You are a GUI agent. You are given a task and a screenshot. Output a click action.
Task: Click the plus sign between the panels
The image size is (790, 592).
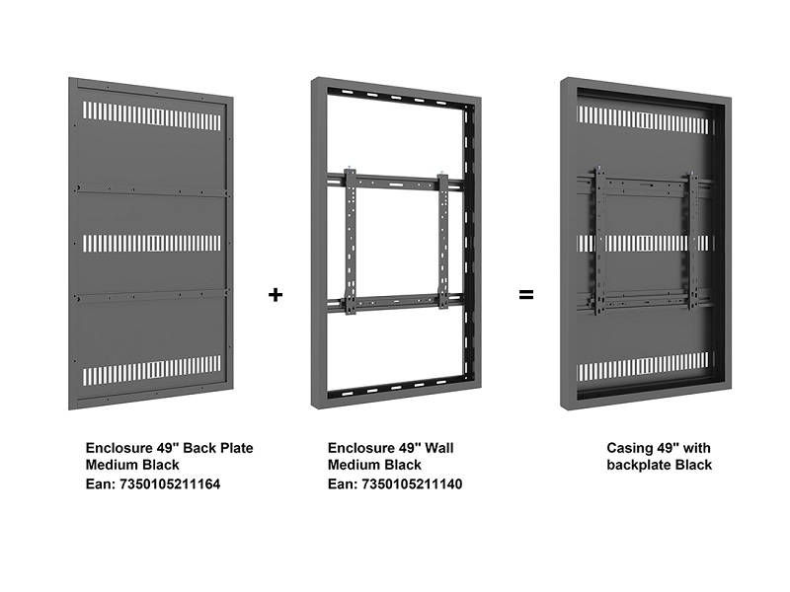coord(276,294)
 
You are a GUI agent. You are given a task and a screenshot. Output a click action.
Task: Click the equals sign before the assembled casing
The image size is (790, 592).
coord(526,294)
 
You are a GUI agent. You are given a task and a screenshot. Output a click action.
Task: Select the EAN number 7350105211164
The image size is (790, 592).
coord(170,484)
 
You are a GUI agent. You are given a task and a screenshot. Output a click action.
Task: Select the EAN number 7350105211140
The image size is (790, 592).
coord(412,484)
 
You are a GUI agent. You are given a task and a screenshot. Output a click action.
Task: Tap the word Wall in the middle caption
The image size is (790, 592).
coord(438,448)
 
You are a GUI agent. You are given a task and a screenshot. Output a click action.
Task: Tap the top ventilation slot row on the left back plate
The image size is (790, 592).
coord(152,115)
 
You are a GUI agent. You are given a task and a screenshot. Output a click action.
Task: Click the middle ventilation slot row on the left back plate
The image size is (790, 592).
coord(152,243)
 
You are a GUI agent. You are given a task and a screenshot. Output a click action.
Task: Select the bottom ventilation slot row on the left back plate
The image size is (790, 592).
coord(152,371)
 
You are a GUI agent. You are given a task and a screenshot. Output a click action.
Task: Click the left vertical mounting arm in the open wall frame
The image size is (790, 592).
coord(351,242)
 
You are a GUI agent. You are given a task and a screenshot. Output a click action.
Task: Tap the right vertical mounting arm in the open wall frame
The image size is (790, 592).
coord(442,241)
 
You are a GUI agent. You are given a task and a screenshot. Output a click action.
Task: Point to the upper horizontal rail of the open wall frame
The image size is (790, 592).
coord(395,183)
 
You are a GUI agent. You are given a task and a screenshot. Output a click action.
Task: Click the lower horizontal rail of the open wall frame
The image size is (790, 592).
coord(395,303)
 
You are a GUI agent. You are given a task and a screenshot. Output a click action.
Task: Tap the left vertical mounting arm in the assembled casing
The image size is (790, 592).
coord(599,241)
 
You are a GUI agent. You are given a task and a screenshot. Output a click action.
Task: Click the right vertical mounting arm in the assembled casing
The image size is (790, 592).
coord(693,241)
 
